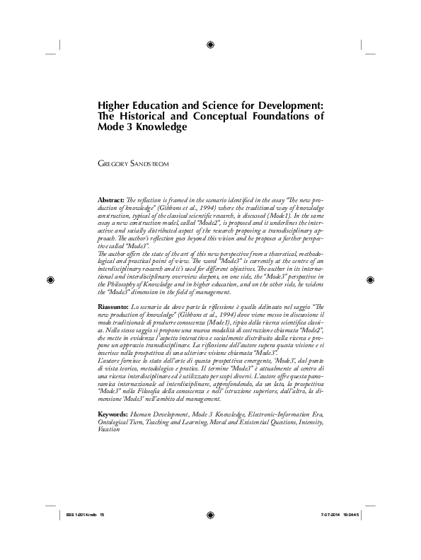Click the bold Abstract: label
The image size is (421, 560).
[113, 202]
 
